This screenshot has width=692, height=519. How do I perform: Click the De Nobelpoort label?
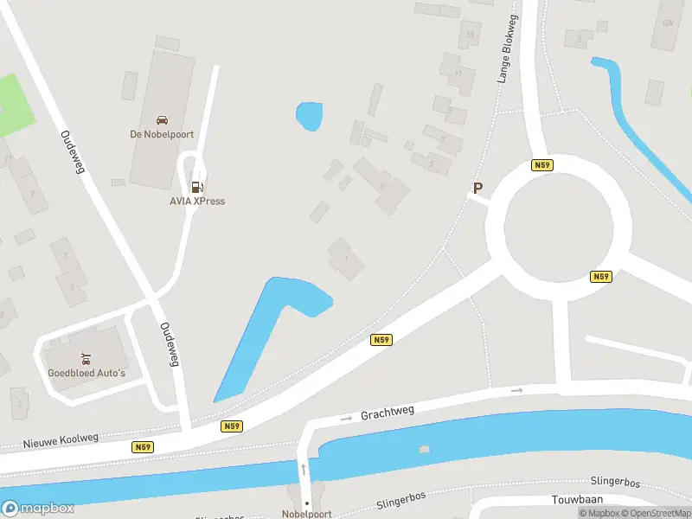click(161, 134)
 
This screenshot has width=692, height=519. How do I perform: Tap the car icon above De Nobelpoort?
click(161, 120)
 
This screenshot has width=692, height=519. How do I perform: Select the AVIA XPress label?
click(197, 202)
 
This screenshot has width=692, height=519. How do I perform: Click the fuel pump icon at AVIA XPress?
click(197, 187)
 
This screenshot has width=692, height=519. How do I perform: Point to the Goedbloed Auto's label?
click(86, 373)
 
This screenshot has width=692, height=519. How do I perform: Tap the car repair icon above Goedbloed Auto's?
click(86, 358)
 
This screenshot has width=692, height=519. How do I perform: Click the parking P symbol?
click(477, 188)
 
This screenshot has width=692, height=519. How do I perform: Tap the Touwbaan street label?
click(577, 500)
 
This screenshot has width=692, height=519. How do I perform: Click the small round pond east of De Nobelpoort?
click(309, 115)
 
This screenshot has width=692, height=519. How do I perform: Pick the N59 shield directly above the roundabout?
click(542, 165)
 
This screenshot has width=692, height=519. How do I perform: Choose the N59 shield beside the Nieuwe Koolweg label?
click(144, 447)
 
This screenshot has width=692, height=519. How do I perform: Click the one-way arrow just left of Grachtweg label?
click(347, 418)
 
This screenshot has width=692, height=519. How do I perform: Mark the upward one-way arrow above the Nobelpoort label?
click(304, 470)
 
